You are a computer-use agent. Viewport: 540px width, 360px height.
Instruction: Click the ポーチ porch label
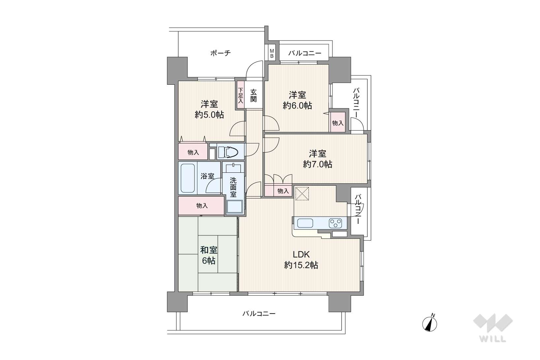pyautogui.click(x=220, y=53)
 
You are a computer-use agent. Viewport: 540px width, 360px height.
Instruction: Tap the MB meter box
pyautogui.click(x=272, y=53)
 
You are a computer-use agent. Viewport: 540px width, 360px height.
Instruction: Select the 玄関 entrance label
pyautogui.click(x=253, y=96)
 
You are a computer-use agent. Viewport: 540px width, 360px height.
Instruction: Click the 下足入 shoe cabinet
pyautogui.click(x=240, y=95)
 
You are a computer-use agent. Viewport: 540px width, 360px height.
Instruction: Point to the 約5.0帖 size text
pyautogui.click(x=209, y=115)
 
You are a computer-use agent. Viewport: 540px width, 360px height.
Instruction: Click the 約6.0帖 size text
pyautogui.click(x=297, y=105)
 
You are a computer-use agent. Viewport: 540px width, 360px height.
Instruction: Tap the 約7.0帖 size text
pyautogui.click(x=317, y=164)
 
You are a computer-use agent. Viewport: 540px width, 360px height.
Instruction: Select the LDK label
pyautogui.click(x=301, y=255)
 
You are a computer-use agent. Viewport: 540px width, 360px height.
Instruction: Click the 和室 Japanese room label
pyautogui.click(x=209, y=250)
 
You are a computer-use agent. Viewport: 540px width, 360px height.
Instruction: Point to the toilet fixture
pyautogui.click(x=228, y=152)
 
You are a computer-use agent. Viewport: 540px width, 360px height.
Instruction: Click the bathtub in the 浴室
pyautogui.click(x=188, y=178)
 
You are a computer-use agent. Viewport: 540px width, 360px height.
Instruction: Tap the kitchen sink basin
pyautogui.click(x=305, y=223)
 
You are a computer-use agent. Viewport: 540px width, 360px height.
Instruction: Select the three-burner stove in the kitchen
pyautogui.click(x=335, y=223)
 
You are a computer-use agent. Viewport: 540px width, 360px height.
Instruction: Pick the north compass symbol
pyautogui.click(x=430, y=324)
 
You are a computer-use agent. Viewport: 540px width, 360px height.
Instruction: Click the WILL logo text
pyautogui.click(x=493, y=339)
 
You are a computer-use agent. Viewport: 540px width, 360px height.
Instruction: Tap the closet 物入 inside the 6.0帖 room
pyautogui.click(x=338, y=123)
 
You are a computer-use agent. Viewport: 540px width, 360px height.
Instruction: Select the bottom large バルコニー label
pyautogui.click(x=259, y=314)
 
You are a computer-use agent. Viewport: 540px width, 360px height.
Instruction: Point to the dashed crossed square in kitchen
pyautogui.click(x=302, y=193)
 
